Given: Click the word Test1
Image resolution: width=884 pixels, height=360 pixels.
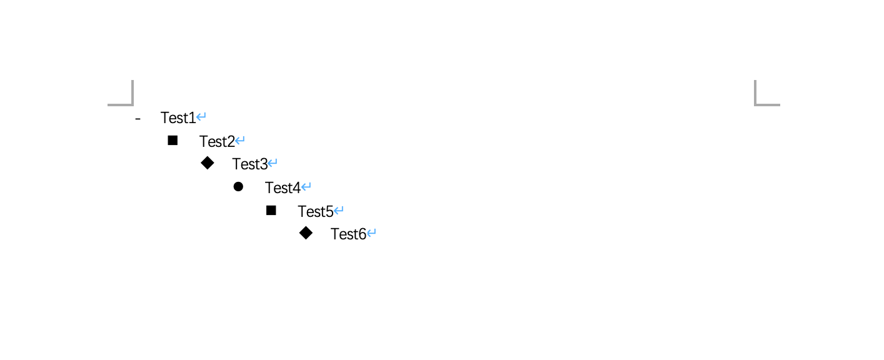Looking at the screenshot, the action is pos(178,117).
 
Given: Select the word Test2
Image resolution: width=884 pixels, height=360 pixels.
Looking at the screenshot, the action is pos(217,141).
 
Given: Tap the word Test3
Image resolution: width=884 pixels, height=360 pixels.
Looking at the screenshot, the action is pos(250,164).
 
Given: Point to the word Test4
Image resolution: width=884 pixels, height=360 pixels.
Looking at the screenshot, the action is pos(283,188).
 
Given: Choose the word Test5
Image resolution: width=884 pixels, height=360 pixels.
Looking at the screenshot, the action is pos(315,212).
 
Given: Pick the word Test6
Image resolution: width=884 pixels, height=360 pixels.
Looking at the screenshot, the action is pos(348,234).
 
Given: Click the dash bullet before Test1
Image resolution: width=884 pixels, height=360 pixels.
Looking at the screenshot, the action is pos(138,118).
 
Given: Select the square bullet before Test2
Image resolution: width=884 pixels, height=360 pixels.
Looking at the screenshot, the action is pos(173,141).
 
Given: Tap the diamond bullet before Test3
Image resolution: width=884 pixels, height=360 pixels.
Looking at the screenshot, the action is pos(208,163).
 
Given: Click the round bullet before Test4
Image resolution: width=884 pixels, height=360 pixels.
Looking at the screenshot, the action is pos(238,187).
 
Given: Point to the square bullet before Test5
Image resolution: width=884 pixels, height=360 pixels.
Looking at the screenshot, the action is pos(271,211).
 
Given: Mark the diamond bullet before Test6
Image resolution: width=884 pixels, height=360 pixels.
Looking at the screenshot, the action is pos(306,233).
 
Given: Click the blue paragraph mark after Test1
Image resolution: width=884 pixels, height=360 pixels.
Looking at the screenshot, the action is pos(201,117).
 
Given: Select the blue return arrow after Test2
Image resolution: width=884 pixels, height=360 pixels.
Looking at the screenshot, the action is pos(240,140).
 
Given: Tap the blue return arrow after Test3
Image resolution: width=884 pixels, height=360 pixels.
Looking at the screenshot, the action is pos(273,162).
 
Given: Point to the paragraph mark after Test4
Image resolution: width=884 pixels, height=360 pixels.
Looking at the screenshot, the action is pos(306,186).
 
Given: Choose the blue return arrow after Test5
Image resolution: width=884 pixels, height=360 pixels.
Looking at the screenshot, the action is pos(339,210).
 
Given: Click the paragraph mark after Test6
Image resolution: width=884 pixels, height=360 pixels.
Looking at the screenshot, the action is pos(371,233).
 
